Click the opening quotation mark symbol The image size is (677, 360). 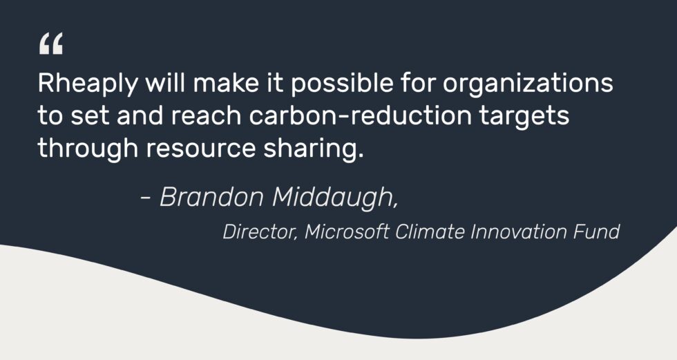pyautogui.click(x=50, y=45)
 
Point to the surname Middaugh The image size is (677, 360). pyautogui.click(x=335, y=198)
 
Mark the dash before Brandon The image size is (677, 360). pyautogui.click(x=146, y=199)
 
